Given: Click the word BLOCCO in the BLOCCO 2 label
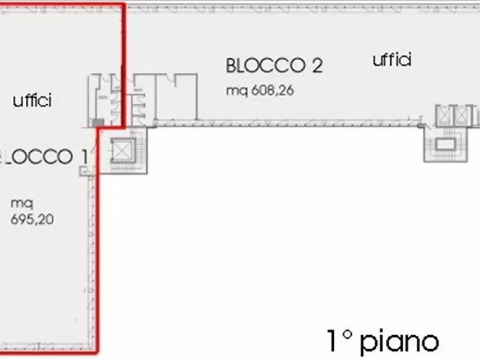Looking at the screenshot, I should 263,66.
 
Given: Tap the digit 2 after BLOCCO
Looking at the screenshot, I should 317,66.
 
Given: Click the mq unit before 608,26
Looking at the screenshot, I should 234,91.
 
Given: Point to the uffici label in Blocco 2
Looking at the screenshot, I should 392,60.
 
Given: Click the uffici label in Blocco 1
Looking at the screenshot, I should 32,100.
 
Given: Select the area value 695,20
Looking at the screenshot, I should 32,219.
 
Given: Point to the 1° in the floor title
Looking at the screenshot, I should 340,341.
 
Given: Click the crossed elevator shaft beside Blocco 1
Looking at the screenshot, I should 120,152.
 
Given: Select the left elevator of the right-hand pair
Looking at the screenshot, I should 445,116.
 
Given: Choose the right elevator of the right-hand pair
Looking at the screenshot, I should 462,116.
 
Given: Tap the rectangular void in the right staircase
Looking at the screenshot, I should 444,145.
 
